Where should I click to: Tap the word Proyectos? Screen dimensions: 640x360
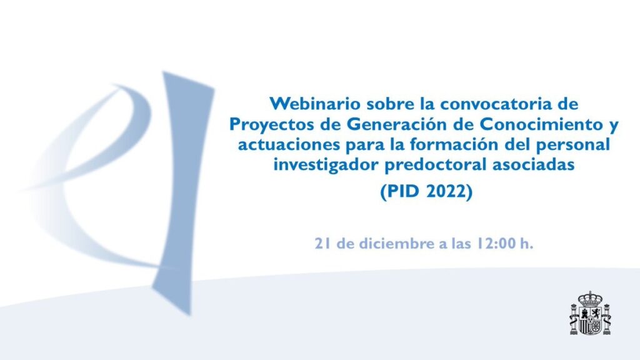[x=271, y=124]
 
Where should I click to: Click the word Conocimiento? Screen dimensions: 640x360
[x=539, y=124]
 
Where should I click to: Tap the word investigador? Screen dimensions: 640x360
[x=326, y=165]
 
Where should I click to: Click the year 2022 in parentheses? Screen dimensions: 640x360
[x=447, y=191]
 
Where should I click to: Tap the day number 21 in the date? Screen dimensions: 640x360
[x=322, y=244]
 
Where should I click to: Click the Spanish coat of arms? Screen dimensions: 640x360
[x=590, y=313]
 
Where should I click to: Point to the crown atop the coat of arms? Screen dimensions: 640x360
[x=590, y=299]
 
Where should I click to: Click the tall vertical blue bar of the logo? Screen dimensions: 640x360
[x=182, y=192]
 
